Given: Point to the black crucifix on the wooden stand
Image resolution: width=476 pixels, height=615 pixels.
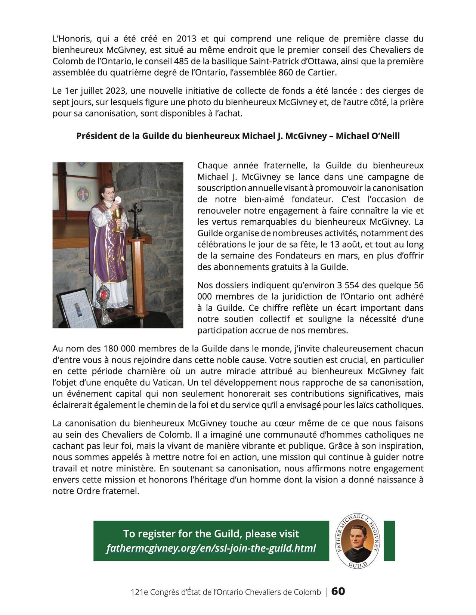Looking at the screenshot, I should click(135, 214).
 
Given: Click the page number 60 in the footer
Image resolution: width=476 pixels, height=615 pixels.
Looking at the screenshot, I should click(338, 591).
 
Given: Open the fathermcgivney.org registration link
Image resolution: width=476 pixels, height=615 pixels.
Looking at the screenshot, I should click(211, 548).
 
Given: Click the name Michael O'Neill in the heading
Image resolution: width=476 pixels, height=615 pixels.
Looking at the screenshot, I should click(368, 136).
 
